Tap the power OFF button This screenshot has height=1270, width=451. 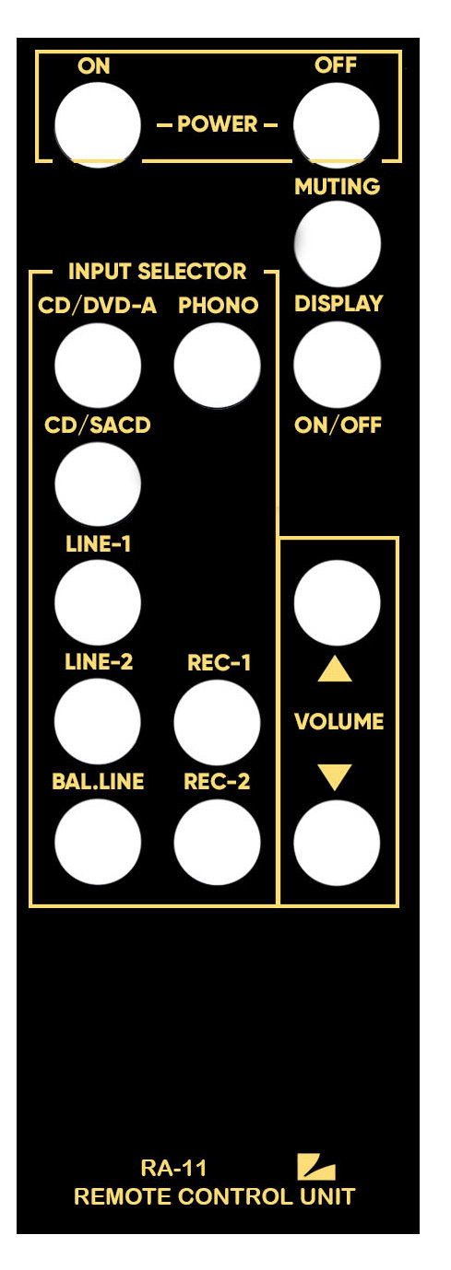(337, 125)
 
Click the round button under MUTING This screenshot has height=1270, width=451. (338, 244)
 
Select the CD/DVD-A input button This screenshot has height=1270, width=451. (98, 365)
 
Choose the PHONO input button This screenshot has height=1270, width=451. (217, 365)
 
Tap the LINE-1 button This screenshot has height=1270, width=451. (98, 602)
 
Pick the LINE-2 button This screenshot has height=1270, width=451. (98, 721)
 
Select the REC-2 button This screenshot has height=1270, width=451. (217, 842)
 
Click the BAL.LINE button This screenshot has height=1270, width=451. (98, 842)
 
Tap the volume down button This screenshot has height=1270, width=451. (337, 843)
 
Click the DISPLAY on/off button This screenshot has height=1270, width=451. (337, 365)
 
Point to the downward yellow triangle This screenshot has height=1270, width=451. (335, 777)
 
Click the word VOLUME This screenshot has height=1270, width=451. (339, 722)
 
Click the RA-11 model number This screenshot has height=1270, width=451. (173, 1168)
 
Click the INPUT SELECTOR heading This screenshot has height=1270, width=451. (158, 272)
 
